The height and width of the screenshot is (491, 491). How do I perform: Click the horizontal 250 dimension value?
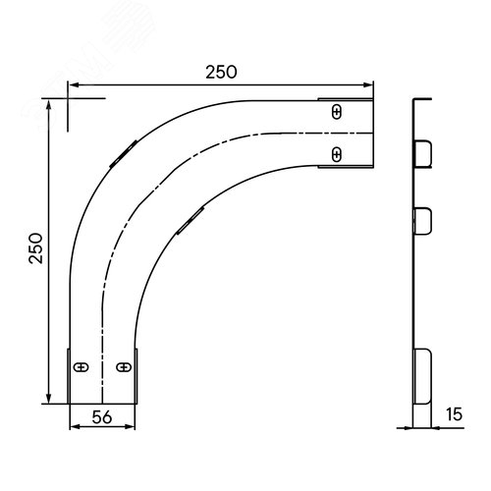[x=221, y=72]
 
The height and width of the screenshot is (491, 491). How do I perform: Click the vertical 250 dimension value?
[x=35, y=248]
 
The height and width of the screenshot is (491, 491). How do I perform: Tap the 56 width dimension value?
[x=102, y=417]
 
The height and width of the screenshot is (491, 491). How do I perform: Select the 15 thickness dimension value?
[x=454, y=414]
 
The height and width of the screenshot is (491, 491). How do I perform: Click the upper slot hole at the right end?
[x=337, y=112]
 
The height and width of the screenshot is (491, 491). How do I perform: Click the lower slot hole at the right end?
[x=337, y=154]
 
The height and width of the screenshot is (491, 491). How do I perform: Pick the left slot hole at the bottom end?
[x=81, y=367]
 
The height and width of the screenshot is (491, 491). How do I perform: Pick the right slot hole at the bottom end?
[x=124, y=367]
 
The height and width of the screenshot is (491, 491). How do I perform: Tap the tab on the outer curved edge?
[x=123, y=154]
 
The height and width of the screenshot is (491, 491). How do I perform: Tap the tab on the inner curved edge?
[x=191, y=221]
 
